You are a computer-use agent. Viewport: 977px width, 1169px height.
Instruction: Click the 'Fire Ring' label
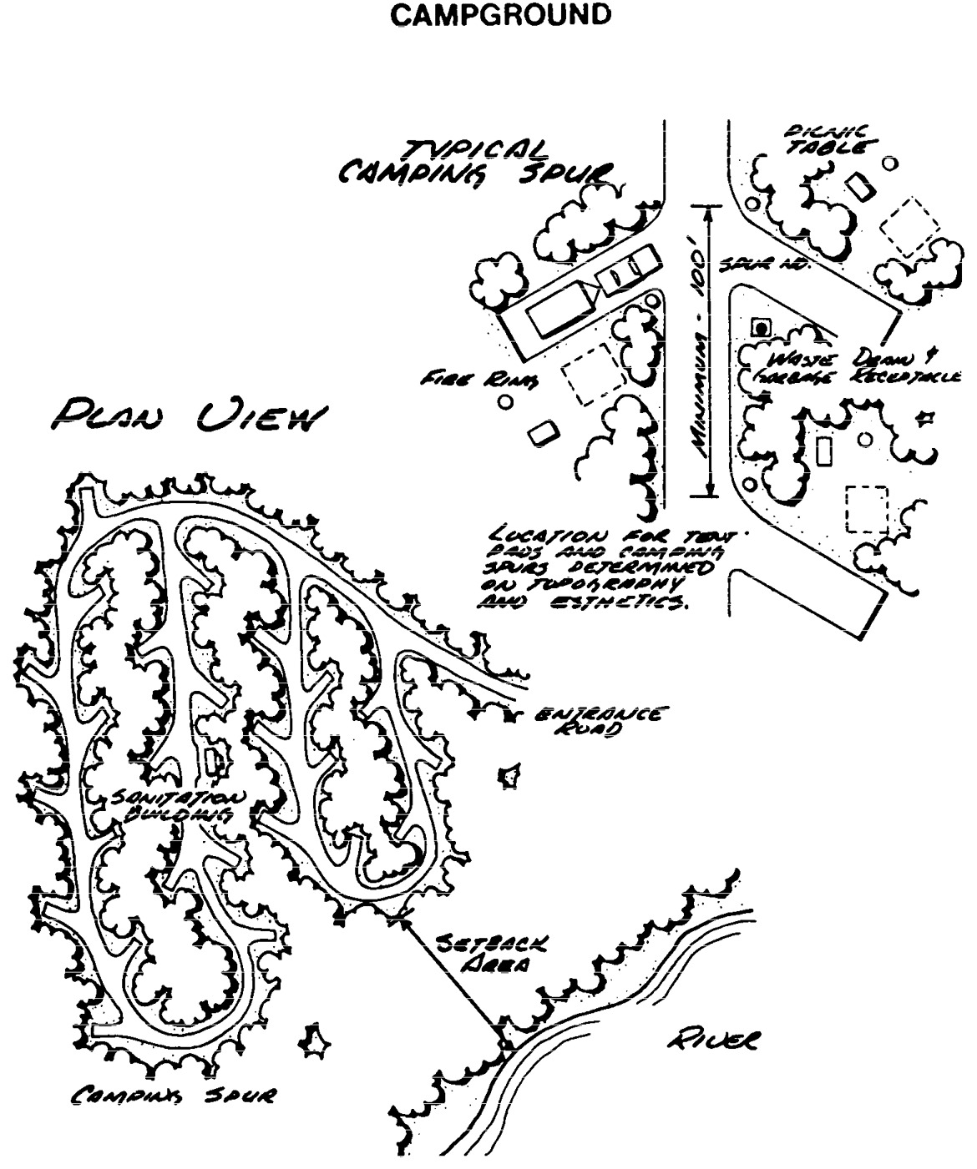(479, 380)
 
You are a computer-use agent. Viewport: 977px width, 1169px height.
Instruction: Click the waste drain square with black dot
(761, 328)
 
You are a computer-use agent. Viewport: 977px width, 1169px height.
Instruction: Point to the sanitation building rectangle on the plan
(213, 760)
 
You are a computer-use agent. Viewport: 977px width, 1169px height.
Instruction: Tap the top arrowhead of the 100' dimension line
(709, 209)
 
